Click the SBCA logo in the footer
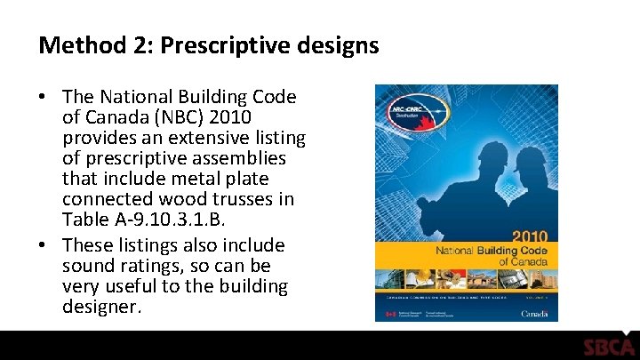click(x=608, y=347)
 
